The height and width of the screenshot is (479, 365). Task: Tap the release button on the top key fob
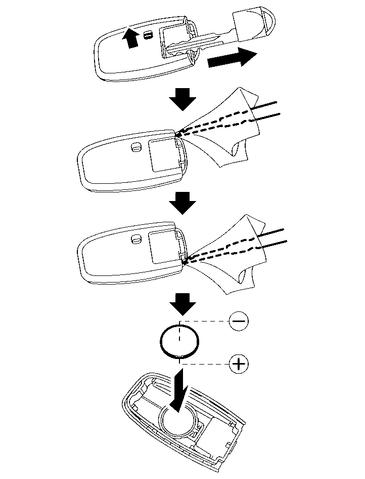pos(147,34)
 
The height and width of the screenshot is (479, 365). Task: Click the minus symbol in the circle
pos(239,321)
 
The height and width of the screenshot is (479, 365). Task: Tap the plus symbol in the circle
pos(239,364)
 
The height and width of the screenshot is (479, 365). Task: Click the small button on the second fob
pos(135,147)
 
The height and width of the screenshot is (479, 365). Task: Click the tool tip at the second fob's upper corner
pos(178,135)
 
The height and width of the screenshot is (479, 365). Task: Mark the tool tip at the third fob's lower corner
pos(183,262)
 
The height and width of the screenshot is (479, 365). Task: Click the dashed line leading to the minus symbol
pos(207,321)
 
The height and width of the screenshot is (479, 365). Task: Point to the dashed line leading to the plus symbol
pos(207,364)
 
